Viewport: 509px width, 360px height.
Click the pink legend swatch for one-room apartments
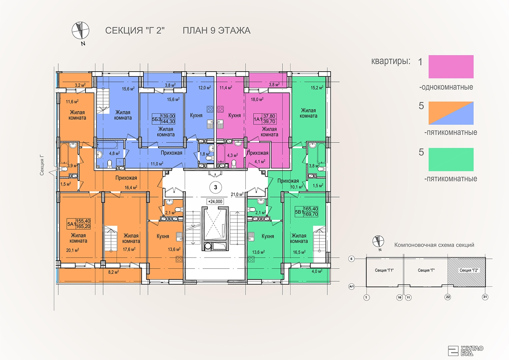click(451, 67)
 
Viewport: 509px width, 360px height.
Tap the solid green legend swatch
click(451, 159)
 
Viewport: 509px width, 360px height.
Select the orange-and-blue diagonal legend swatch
click(451, 113)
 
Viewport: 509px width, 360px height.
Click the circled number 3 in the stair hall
click(215, 187)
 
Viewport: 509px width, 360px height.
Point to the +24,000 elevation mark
click(215, 201)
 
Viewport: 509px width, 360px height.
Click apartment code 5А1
click(71, 224)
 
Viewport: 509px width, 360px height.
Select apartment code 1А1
click(258, 119)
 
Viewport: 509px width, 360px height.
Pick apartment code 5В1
click(299, 212)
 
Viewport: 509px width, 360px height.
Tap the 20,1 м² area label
click(73, 250)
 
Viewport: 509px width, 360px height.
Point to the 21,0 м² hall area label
click(237, 194)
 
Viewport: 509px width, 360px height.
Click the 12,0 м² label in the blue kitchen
click(205, 88)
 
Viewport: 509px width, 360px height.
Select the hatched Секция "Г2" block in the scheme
click(466, 272)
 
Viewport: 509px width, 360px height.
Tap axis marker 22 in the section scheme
click(448, 297)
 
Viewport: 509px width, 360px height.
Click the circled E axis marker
click(352, 259)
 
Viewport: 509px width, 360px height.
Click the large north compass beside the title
click(80, 31)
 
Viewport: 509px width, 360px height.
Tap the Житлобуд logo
click(465, 350)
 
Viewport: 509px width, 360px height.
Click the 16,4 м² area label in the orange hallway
click(131, 187)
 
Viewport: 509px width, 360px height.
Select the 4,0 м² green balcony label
click(317, 271)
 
